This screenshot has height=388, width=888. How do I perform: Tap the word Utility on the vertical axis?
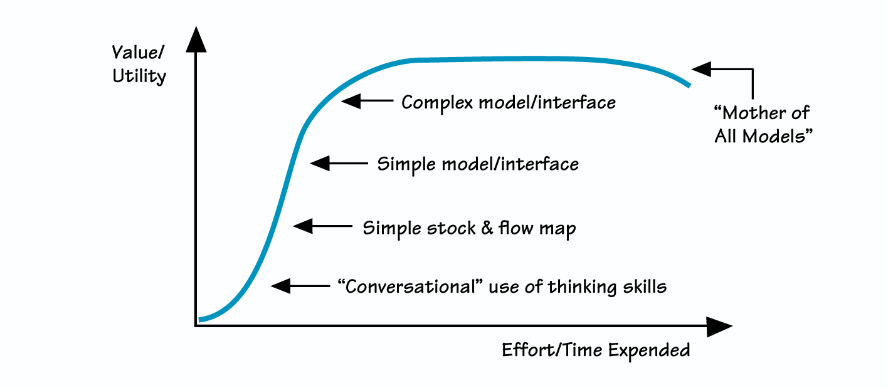coord(139,76)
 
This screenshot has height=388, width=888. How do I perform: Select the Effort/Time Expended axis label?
coord(596,350)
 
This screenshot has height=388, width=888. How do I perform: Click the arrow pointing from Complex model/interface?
coord(366,101)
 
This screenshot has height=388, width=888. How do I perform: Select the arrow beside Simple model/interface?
coord(339,164)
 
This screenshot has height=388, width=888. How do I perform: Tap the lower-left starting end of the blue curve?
coord(200,320)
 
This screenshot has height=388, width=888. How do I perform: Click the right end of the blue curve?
coord(689,85)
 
